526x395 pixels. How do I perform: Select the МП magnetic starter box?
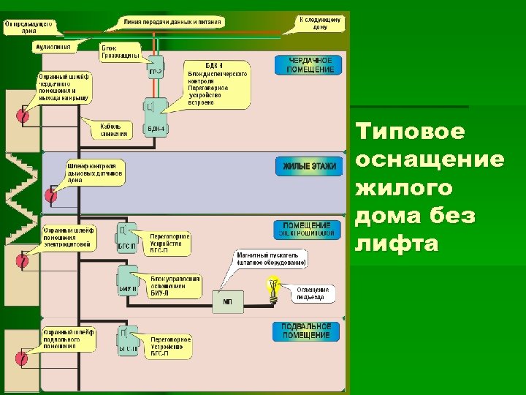227,301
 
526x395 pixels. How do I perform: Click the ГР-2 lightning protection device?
155,67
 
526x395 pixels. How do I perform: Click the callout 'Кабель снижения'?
115,129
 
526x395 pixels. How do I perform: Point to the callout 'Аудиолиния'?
53,46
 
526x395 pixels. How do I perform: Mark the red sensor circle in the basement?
22,358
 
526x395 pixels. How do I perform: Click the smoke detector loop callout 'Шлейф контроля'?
96,173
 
